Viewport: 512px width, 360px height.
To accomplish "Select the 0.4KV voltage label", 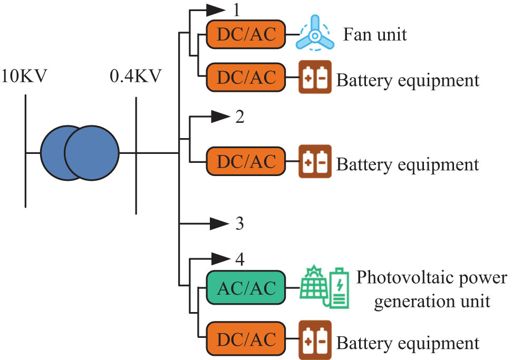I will tap(136, 77).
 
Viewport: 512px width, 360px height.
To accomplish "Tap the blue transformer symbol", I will tap(80, 153).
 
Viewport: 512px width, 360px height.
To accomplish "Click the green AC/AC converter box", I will tap(246, 288).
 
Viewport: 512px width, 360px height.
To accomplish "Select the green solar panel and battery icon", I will tap(325, 287).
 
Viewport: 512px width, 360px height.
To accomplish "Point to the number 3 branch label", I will tap(239, 223).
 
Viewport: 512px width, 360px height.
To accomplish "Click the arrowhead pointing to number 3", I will tap(218, 223).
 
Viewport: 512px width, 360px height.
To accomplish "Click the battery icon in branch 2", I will tap(315, 161).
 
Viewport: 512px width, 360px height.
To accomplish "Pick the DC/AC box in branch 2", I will tap(246, 162).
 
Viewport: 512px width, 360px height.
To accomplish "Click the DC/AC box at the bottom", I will tap(246, 340).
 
